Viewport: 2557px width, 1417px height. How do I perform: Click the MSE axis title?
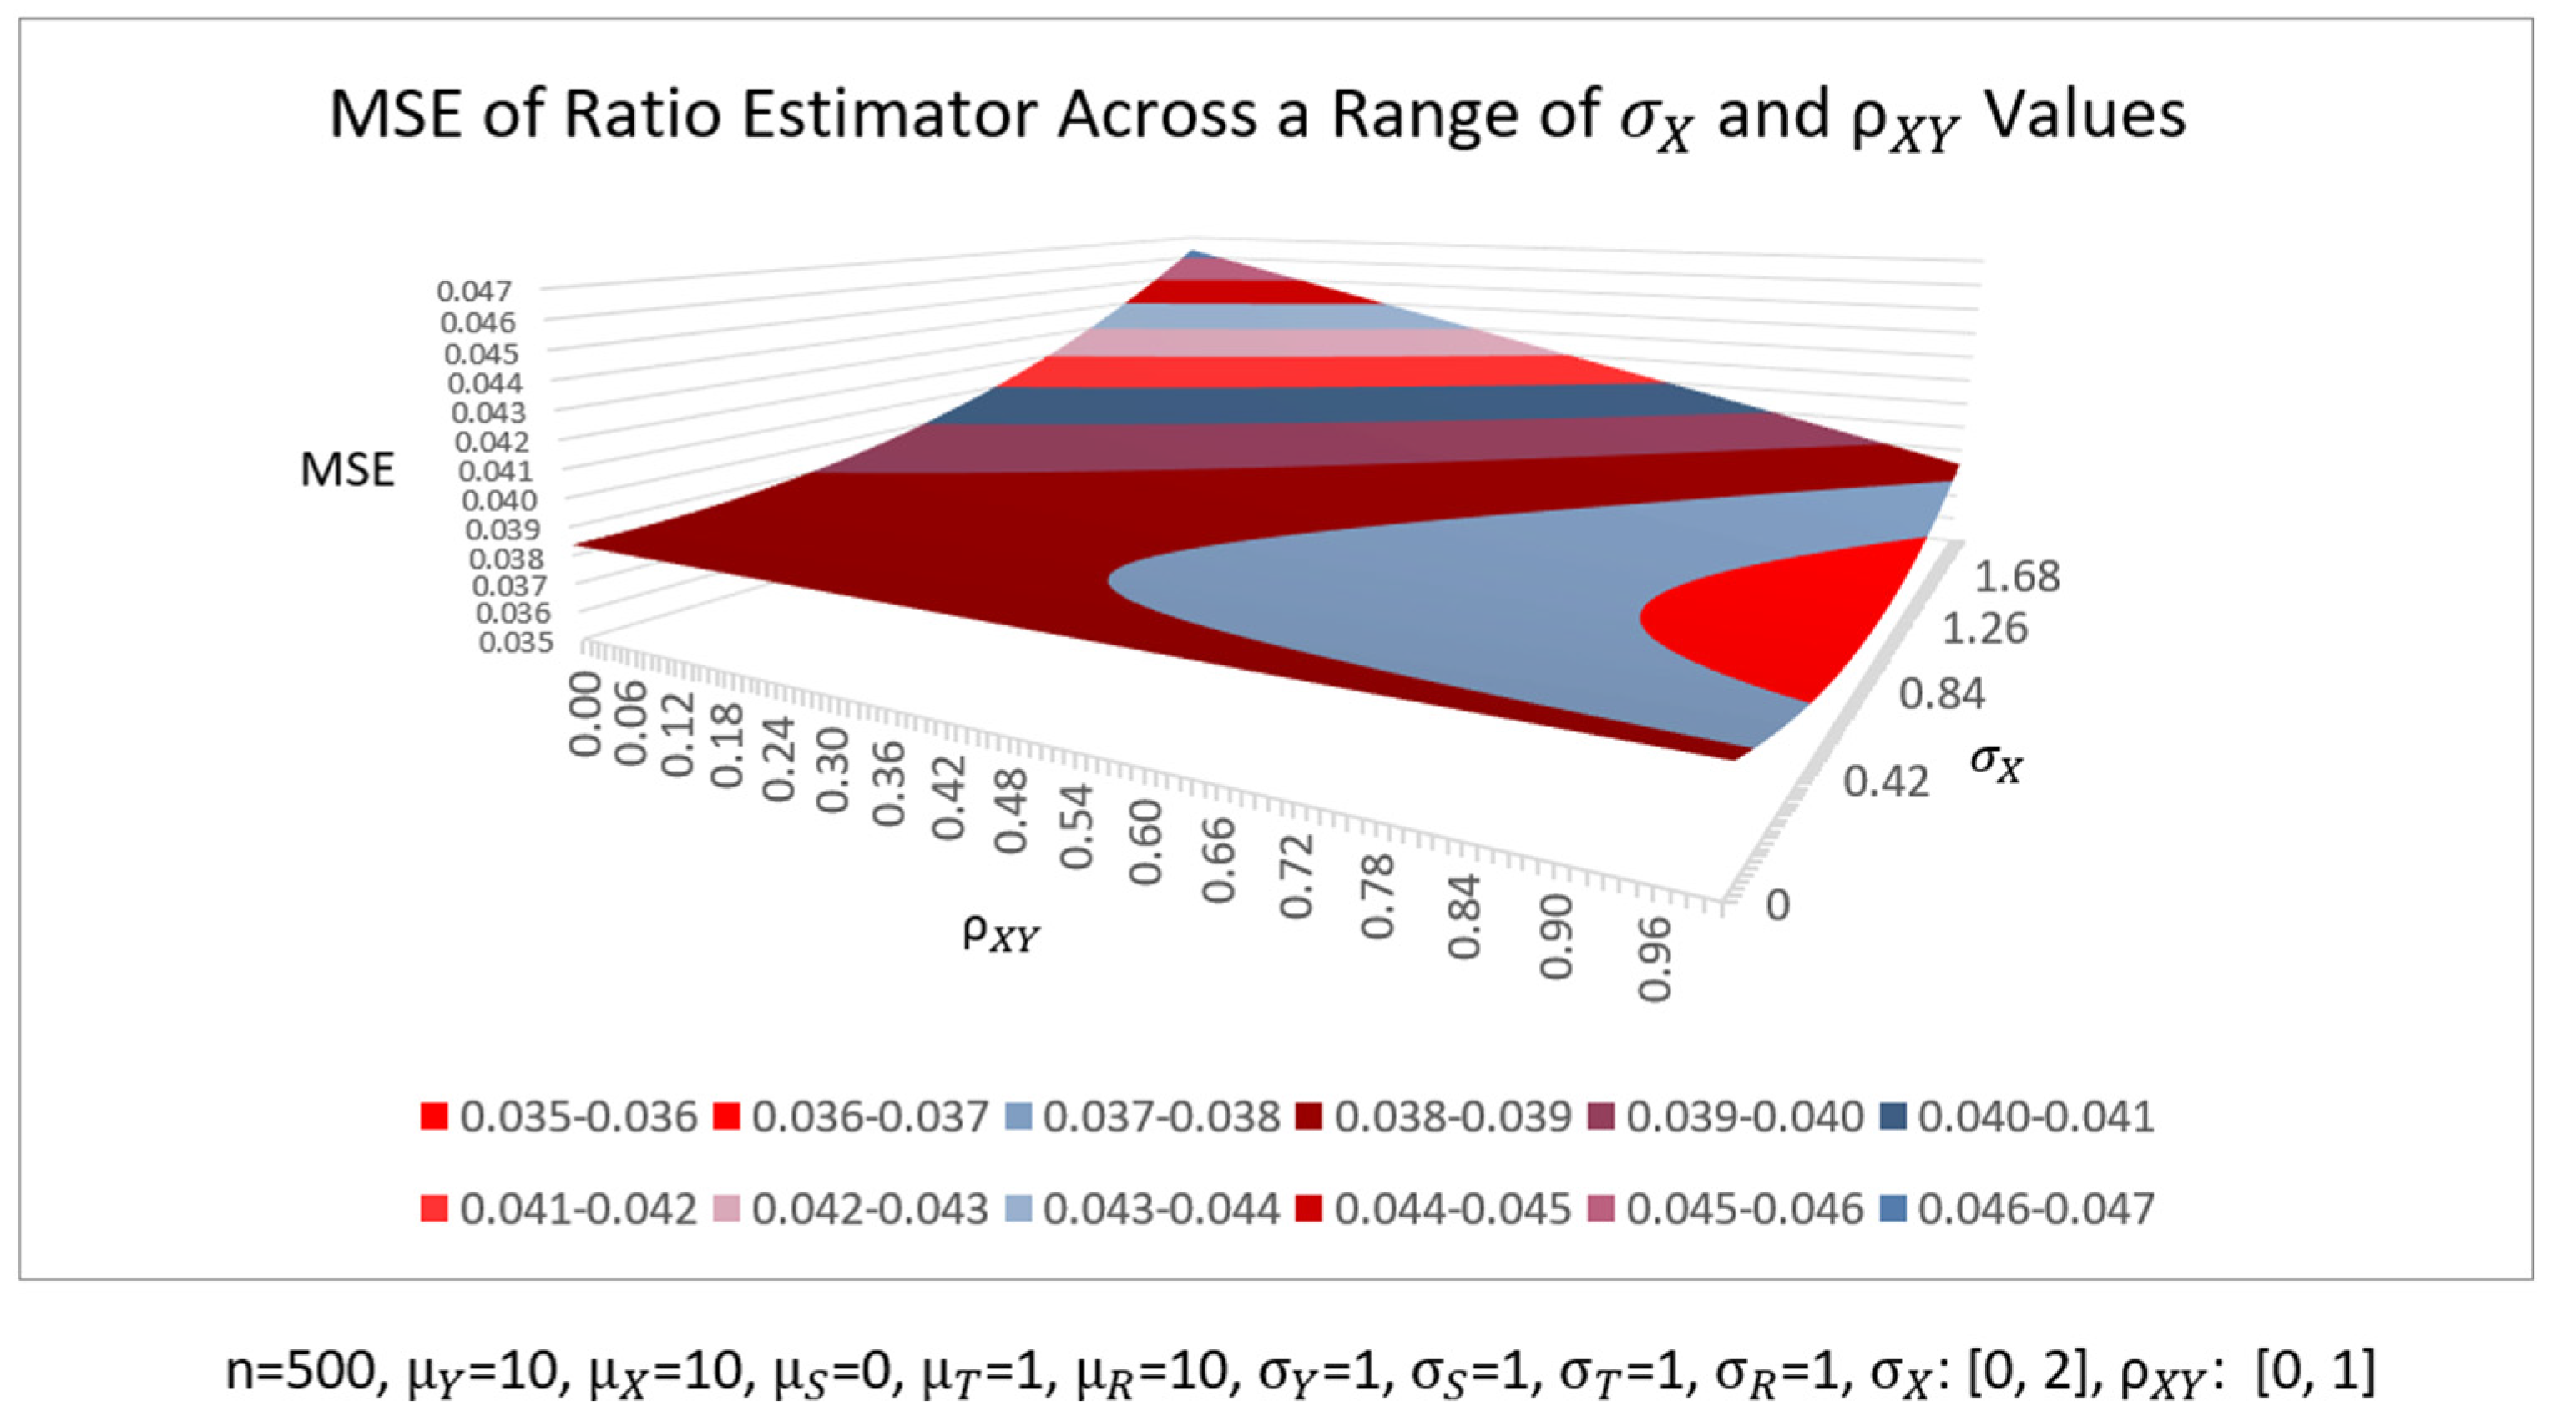tap(347, 469)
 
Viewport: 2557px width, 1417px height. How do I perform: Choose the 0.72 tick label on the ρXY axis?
tap(1296, 874)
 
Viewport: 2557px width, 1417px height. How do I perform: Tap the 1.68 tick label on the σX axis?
tap(2017, 576)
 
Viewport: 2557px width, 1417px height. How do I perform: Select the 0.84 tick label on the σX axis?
tap(1942, 693)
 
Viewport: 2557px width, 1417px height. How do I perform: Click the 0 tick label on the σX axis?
tap(1776, 904)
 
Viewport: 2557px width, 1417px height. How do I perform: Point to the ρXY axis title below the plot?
tap(1001, 934)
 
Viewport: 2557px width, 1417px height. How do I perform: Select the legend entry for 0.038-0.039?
tap(1433, 1117)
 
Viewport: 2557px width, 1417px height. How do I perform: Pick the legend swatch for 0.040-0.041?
tap(1894, 1117)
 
